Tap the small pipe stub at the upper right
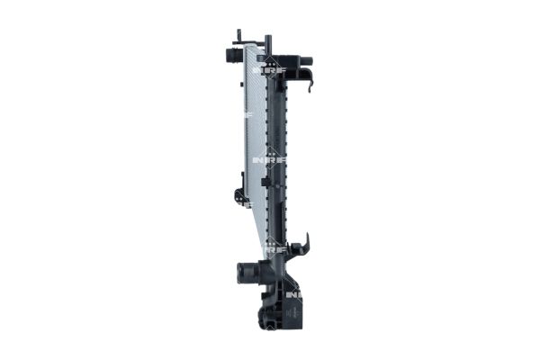[303, 64]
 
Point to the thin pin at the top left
[238, 36]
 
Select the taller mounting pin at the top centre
[267, 42]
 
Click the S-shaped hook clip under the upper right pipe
[309, 83]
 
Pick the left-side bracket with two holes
[239, 193]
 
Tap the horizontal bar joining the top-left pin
[253, 42]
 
